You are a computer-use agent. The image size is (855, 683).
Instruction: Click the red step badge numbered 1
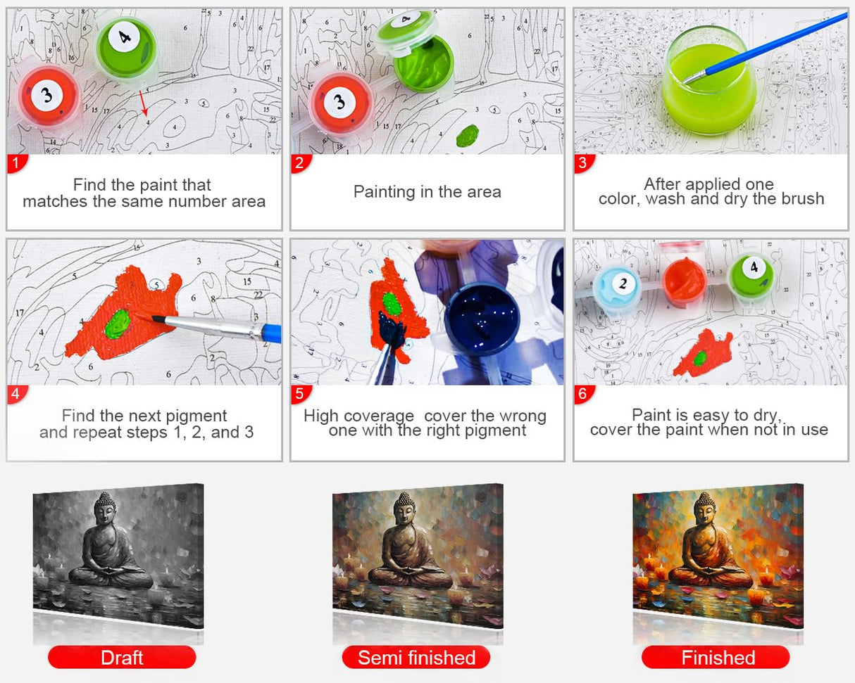coord(17,164)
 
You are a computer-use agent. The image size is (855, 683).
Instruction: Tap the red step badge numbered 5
coord(300,394)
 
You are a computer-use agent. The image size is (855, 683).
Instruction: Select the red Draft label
coord(122,657)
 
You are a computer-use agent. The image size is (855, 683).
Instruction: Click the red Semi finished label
coord(416,658)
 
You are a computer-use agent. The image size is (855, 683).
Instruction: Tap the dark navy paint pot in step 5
coord(482,319)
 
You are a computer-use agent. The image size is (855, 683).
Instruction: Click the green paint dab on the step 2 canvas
coord(468,135)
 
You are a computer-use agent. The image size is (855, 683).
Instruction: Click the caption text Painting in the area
coord(427,191)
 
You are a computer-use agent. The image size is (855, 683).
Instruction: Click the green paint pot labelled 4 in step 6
coord(751,274)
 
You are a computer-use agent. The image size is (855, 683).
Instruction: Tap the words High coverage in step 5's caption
coord(358,415)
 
